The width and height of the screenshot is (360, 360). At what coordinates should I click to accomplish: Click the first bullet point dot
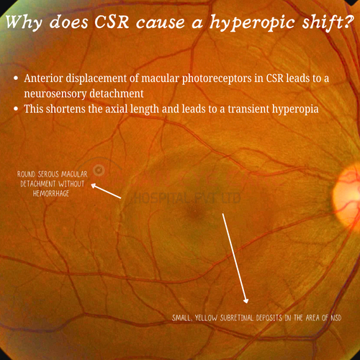coord(16,78)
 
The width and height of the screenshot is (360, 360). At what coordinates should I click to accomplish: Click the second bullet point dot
coord(16,109)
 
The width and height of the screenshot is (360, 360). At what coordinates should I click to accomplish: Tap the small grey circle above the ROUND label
coord(99,170)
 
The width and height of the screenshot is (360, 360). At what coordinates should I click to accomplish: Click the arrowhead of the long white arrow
coord(246,300)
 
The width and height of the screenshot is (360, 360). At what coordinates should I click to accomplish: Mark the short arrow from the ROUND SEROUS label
coord(106,191)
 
